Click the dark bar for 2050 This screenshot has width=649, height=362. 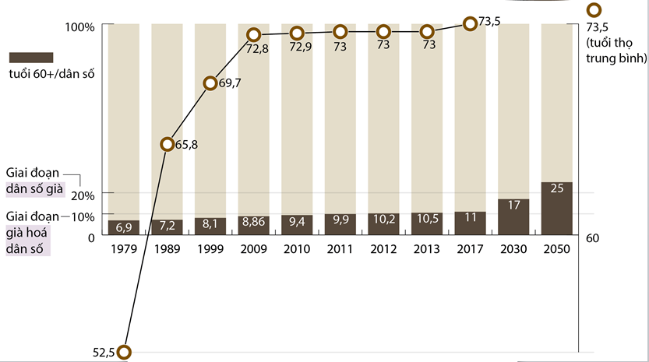557,208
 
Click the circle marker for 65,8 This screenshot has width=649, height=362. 167,144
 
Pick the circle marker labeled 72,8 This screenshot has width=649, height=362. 253,35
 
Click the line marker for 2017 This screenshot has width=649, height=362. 470,24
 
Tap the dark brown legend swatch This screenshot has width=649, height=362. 30,58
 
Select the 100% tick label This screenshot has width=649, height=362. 79,27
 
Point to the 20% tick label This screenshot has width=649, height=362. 83,195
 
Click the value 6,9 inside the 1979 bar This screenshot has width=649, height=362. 124,227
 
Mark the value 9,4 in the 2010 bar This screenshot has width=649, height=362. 297,222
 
